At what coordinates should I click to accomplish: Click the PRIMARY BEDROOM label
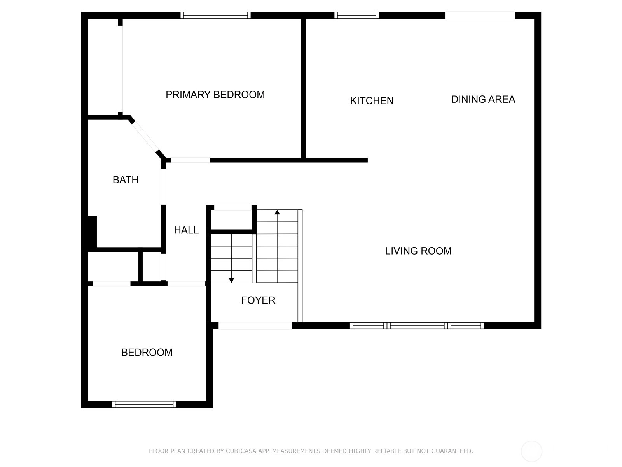click(215, 95)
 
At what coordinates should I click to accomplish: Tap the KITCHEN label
click(372, 101)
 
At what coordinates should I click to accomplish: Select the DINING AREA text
click(483, 99)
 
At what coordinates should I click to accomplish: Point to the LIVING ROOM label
click(418, 251)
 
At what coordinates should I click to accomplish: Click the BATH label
click(126, 180)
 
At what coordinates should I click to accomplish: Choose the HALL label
click(186, 230)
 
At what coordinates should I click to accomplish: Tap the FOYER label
click(258, 300)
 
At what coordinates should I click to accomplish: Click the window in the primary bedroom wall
click(215, 15)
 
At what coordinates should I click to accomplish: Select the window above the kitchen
click(356, 15)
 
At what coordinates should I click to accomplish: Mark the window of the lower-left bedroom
click(144, 404)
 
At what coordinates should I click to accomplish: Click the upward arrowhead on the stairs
click(277, 212)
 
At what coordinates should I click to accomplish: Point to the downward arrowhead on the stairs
click(231, 280)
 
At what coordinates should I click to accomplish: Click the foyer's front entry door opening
click(255, 325)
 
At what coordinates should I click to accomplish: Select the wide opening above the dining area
click(480, 15)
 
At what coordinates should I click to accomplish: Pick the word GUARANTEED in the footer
click(452, 451)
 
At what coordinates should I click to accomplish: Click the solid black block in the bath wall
click(93, 232)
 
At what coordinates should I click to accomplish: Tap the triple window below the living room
click(417, 325)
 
